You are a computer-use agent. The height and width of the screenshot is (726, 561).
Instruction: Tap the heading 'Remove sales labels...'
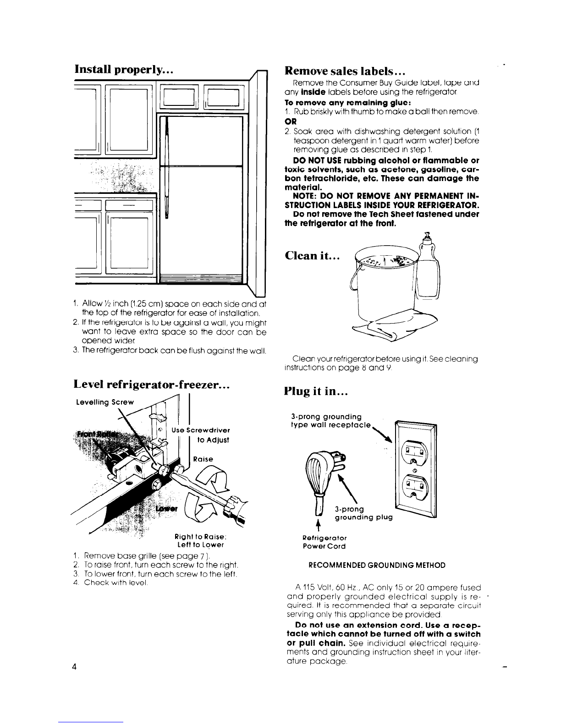[x=344, y=71]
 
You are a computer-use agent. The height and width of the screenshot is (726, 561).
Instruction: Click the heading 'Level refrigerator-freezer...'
[x=152, y=385]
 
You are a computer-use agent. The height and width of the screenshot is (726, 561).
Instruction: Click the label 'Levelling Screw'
[x=104, y=402]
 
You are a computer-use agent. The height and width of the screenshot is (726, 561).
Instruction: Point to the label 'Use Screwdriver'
[x=201, y=430]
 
